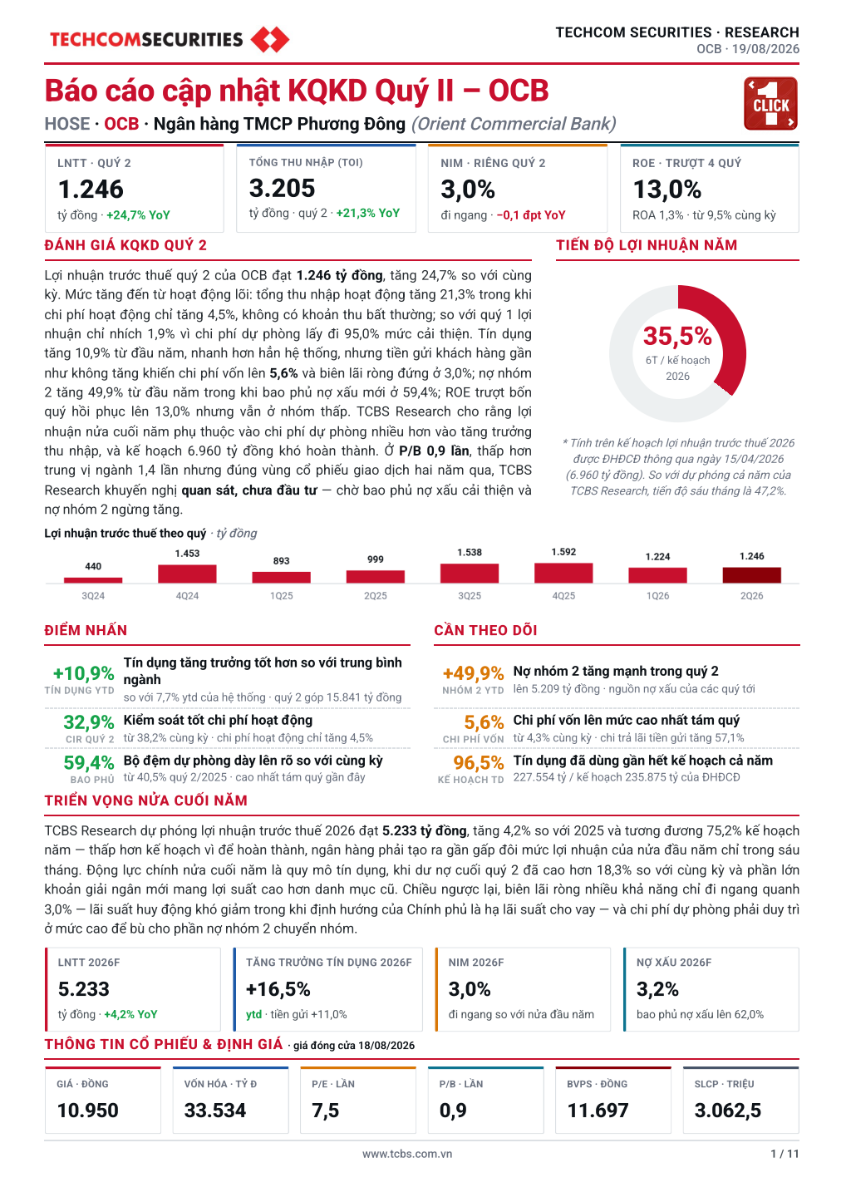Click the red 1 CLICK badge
click(770, 104)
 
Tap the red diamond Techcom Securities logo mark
click(270, 40)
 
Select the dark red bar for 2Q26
click(751, 575)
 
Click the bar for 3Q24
click(93, 580)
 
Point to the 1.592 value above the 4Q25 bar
click(563, 552)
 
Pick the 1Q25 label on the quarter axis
click(282, 596)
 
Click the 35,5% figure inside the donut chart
click(677, 336)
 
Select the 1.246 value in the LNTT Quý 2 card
click(91, 190)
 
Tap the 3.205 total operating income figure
click(282, 188)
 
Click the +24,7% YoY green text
click(138, 215)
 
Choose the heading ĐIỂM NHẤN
click(86, 630)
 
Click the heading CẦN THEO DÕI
click(485, 630)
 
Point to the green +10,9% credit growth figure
click(84, 673)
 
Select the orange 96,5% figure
click(479, 762)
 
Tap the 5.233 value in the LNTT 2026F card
click(84, 989)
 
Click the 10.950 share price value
click(87, 1111)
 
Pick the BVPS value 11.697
click(598, 1111)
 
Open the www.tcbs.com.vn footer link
click(407, 1154)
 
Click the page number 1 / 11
click(785, 1154)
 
